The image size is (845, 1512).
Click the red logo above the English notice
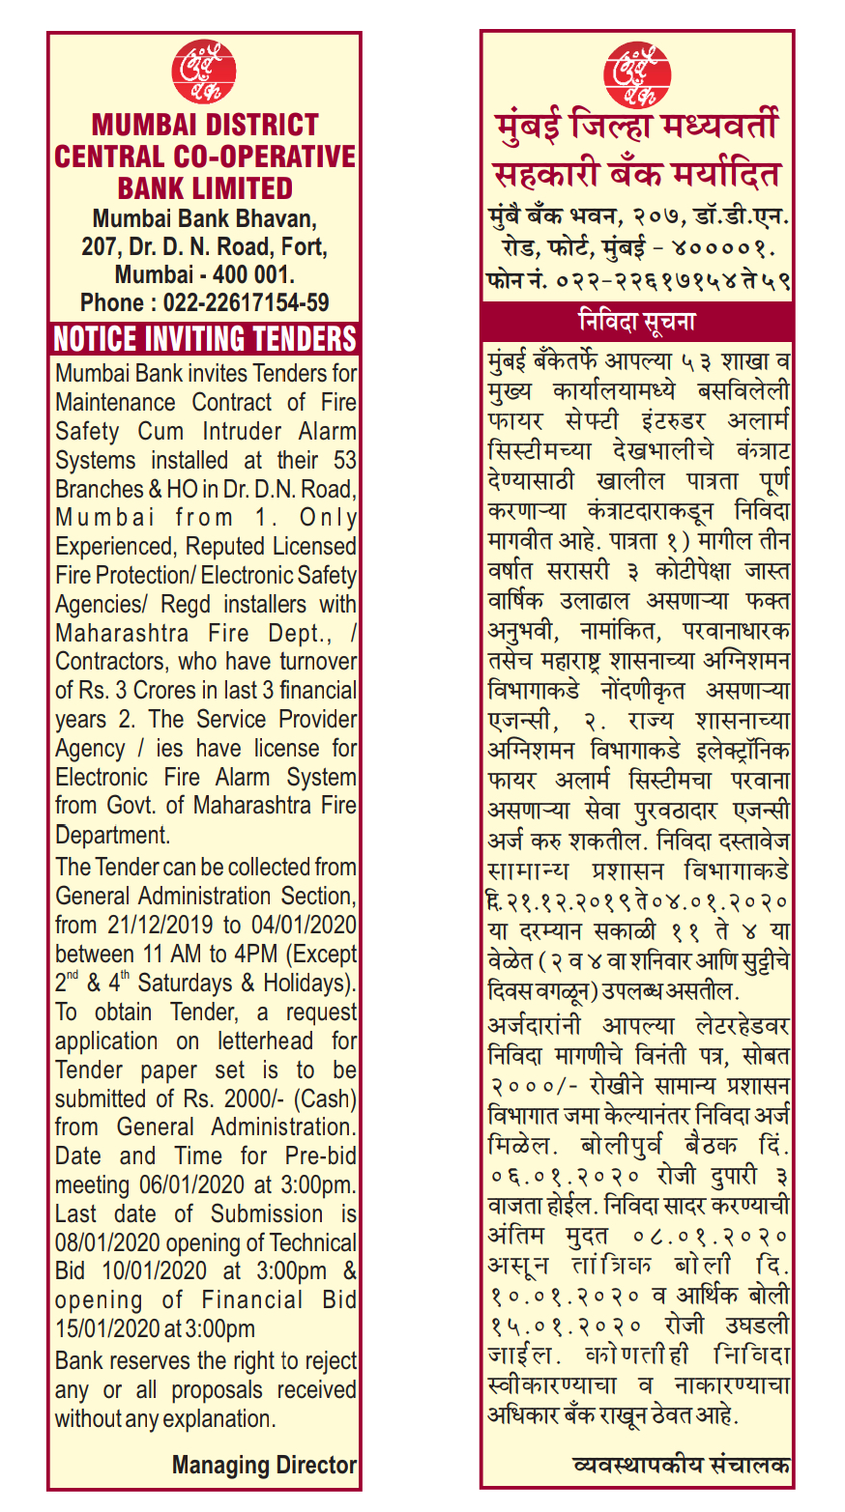204,71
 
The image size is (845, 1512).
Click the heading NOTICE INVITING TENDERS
205,339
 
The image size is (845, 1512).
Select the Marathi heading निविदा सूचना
636,321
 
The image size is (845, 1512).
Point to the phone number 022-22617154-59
246,302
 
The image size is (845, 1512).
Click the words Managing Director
264,1465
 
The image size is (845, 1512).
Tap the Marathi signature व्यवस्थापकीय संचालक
682,1465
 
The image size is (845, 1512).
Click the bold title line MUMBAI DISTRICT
205,125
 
